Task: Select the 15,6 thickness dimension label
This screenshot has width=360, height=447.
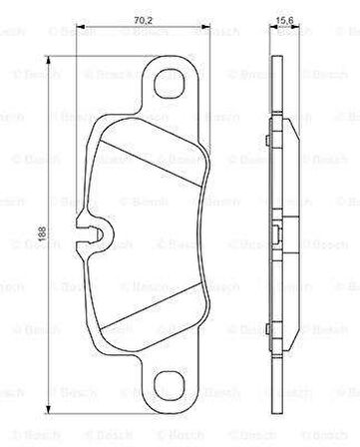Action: [285, 16]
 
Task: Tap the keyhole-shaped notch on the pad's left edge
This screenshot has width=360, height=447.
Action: [89, 235]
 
